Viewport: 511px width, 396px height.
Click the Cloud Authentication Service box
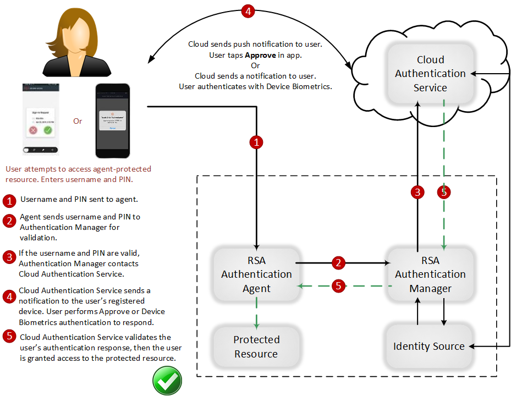(430, 74)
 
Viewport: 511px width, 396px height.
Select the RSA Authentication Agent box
(256, 274)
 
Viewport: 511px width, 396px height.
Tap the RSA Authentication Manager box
(430, 274)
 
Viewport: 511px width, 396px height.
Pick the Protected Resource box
(256, 346)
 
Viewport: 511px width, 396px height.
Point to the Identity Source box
(429, 346)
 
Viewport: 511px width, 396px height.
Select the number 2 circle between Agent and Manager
(339, 263)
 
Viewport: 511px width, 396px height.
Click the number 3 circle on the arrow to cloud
(417, 192)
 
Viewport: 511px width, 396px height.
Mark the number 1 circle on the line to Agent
(256, 142)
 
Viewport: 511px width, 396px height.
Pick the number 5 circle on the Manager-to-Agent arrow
(339, 286)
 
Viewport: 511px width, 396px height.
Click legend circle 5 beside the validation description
(9, 337)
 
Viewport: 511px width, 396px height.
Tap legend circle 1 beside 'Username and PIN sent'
(9, 200)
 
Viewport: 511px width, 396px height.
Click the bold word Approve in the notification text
(260, 56)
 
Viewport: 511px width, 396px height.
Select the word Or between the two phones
(78, 121)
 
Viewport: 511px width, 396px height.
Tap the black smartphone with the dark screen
(114, 121)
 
